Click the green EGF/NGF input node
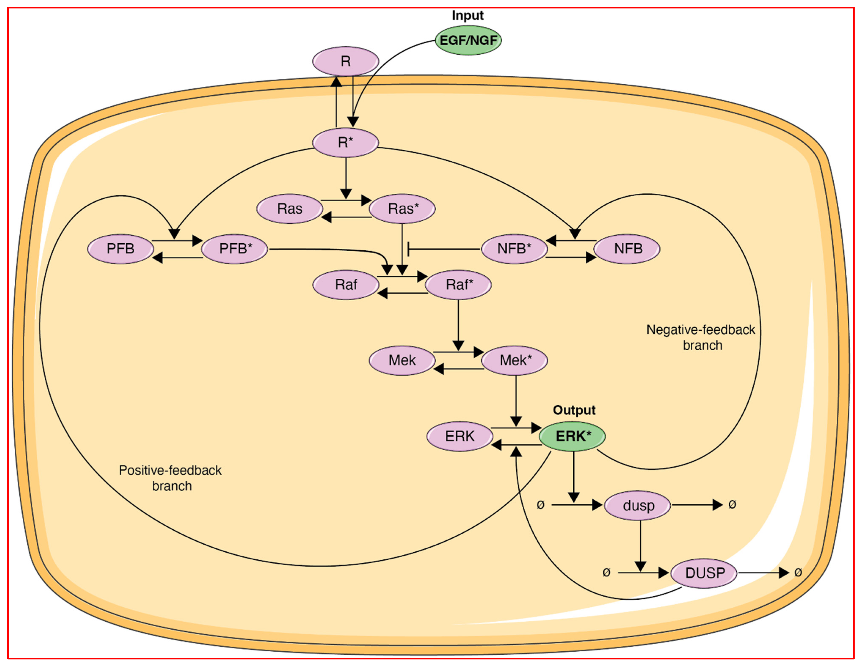tap(468, 40)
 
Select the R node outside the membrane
tap(345, 61)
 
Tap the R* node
tap(345, 142)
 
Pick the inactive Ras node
tap(290, 209)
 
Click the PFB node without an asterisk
tap(120, 249)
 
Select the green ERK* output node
tap(573, 436)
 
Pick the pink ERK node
tap(460, 436)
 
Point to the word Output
tap(574, 410)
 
